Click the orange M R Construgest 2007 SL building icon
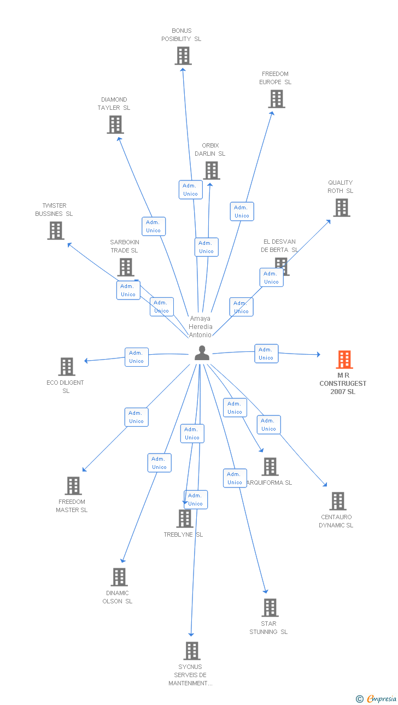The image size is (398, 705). (x=344, y=360)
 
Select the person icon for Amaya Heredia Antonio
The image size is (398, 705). (x=202, y=353)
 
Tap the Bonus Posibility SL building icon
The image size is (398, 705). (x=183, y=56)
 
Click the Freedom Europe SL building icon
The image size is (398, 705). (x=277, y=99)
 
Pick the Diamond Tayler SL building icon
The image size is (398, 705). (x=115, y=125)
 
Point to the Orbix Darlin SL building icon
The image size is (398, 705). (x=211, y=171)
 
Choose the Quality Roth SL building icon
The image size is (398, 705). (x=342, y=208)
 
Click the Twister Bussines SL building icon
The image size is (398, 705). (x=55, y=231)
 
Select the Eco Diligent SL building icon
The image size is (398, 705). (x=66, y=367)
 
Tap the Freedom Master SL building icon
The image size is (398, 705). (x=73, y=486)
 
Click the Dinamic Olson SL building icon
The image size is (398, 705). (x=119, y=577)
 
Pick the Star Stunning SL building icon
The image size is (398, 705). (x=270, y=608)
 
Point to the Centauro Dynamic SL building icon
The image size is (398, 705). (x=337, y=501)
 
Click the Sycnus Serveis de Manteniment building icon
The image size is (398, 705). (x=191, y=651)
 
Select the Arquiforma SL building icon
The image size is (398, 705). (x=270, y=467)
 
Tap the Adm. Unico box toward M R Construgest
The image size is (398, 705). (x=266, y=354)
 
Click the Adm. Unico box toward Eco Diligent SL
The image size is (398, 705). (x=136, y=357)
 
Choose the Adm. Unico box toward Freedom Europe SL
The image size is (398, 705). (x=242, y=211)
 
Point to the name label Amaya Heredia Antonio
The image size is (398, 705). (x=201, y=327)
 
